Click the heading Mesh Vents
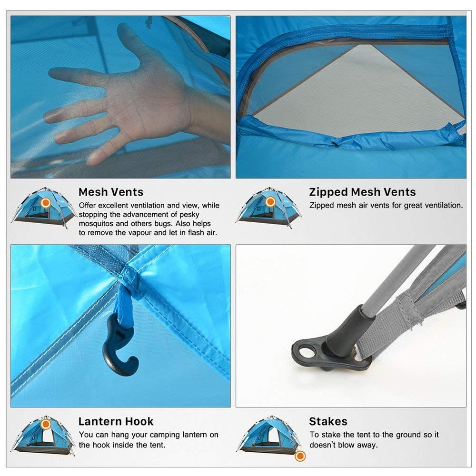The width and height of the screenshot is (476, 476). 110,192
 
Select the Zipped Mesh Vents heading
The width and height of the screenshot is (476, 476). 362,192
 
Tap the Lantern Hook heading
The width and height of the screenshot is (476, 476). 116,421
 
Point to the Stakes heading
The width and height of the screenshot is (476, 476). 328,421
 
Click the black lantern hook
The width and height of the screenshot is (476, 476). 116,347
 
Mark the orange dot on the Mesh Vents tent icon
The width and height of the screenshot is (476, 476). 46,203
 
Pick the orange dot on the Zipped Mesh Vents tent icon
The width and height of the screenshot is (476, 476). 270,202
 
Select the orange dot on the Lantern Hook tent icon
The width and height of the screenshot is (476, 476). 46,424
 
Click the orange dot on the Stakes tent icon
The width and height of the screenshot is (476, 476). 300,456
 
